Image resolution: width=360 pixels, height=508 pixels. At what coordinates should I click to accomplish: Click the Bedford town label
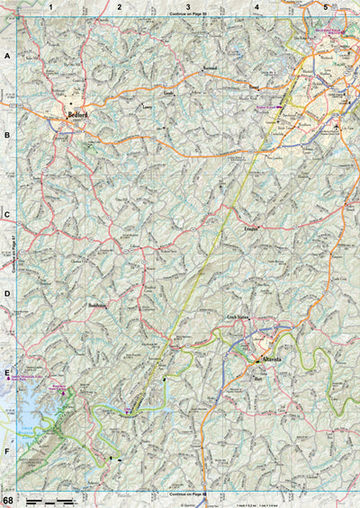[x=76, y=115]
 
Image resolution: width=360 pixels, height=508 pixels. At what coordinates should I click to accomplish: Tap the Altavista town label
[x=273, y=360]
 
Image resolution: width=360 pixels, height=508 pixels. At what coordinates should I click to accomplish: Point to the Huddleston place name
[x=98, y=306]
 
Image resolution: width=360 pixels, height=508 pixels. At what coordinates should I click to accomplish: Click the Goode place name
[x=167, y=93]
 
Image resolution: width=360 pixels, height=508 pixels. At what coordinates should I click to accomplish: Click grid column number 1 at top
[x=51, y=6]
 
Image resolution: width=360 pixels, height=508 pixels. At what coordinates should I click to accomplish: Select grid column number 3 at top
[x=187, y=6]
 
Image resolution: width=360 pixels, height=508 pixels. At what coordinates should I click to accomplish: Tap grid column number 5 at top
[x=325, y=6]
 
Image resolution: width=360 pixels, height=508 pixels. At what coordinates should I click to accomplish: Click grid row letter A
[x=7, y=56]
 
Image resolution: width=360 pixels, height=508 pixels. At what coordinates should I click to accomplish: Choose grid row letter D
[x=7, y=293]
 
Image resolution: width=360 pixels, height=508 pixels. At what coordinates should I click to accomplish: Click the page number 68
[x=8, y=499]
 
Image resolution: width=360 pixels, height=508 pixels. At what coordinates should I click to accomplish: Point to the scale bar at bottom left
[x=49, y=498]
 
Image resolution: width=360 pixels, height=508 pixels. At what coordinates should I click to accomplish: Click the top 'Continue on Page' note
[x=187, y=14]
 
